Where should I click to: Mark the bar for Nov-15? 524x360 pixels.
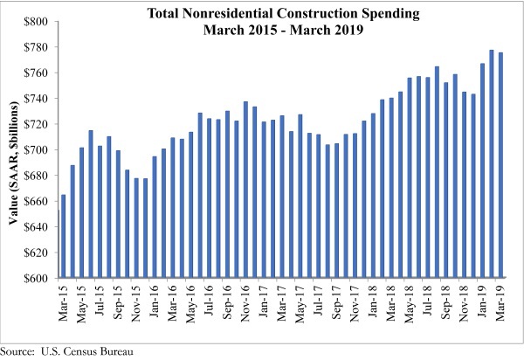pos(136,228)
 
